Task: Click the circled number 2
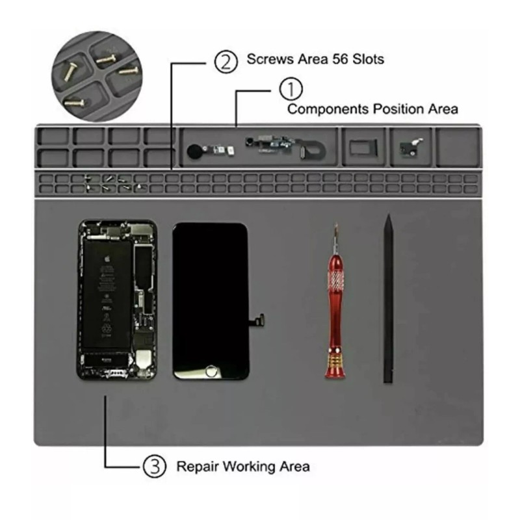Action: tap(226, 61)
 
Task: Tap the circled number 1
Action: tap(291, 89)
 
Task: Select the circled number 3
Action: tap(154, 466)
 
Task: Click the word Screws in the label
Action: tap(270, 59)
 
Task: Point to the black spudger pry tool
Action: tap(388, 298)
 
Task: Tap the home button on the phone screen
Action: tap(211, 370)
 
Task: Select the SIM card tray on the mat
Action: tap(363, 148)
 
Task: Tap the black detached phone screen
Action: tap(211, 301)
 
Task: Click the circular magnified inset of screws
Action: tap(97, 76)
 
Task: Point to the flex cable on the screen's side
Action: tap(257, 320)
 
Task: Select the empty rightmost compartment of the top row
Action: tap(458, 148)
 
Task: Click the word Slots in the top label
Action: tap(368, 59)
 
